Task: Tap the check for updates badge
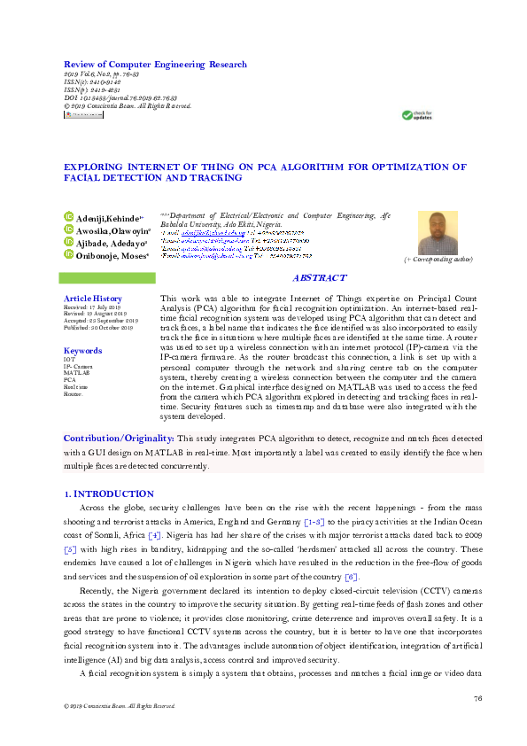(417, 115)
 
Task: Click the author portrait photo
(438, 233)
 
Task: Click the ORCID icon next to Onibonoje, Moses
(68, 255)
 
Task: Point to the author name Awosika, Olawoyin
(112, 229)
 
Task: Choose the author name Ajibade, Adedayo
(111, 242)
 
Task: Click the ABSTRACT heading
(319, 279)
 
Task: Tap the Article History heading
(93, 299)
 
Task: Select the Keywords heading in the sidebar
(82, 351)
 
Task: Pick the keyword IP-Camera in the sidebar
(78, 365)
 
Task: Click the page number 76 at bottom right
(477, 698)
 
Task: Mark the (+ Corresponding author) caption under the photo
(438, 260)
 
